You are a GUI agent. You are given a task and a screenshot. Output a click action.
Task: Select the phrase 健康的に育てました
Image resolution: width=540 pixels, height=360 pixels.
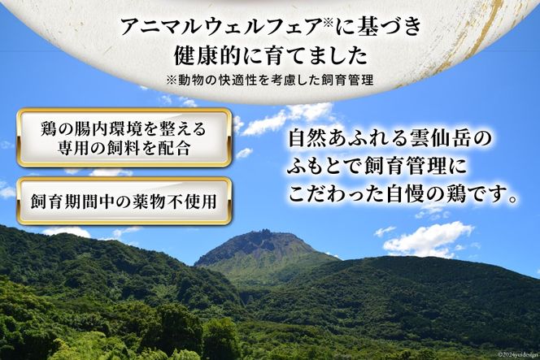point(270,56)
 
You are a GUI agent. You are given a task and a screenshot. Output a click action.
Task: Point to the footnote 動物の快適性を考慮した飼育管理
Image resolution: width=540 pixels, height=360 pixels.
point(275,80)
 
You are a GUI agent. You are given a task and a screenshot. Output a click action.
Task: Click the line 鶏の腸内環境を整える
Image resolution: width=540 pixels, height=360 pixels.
point(124,128)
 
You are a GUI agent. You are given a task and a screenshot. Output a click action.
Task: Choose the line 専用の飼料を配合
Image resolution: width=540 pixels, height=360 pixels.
point(124,148)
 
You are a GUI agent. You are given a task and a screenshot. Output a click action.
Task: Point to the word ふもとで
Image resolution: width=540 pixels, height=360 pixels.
point(324,167)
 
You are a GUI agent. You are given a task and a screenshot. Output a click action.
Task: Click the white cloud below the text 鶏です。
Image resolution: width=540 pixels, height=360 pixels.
point(428,239)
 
